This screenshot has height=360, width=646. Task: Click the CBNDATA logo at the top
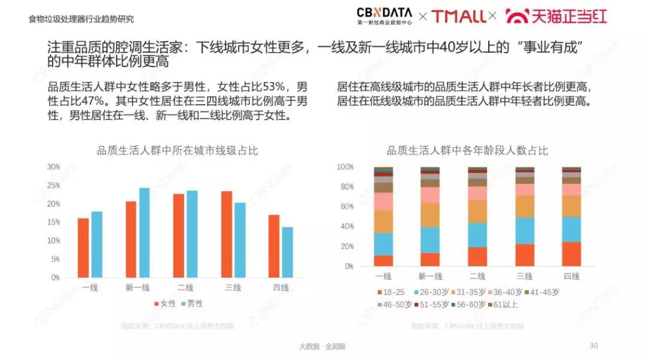click(385, 15)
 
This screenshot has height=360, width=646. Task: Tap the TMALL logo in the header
click(458, 16)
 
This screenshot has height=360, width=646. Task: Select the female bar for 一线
click(83, 248)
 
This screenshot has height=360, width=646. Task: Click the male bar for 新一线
click(144, 233)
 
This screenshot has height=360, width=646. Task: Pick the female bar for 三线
click(227, 234)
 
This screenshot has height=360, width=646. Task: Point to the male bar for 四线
click(288, 252)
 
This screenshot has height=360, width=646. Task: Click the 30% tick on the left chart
click(54, 167)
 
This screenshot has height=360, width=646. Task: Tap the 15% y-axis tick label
click(54, 222)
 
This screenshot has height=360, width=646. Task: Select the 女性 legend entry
click(164, 303)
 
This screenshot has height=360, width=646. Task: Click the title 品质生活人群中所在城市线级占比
click(178, 151)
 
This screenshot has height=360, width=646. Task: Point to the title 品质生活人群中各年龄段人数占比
click(467, 151)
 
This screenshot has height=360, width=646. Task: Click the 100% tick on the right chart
click(345, 167)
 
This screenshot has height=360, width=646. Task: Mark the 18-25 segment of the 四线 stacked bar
click(571, 254)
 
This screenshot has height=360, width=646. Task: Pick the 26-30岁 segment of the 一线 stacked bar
click(383, 244)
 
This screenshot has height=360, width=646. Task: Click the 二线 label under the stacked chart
click(477, 276)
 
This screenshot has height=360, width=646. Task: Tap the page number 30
click(593, 345)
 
